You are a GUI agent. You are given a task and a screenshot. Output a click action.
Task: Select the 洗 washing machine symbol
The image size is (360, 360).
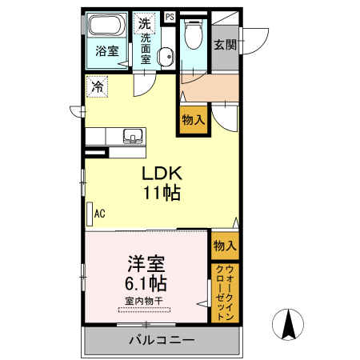pyautogui.click(x=144, y=22)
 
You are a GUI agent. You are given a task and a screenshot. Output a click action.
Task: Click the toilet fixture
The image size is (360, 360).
pyautogui.click(x=193, y=34)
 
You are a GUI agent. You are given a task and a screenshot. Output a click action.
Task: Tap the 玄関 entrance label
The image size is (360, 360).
pyautogui.click(x=224, y=45)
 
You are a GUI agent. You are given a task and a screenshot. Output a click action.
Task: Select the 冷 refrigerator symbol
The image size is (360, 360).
pyautogui.click(x=97, y=86)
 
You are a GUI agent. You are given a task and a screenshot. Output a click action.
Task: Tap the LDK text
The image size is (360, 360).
pyautogui.click(x=163, y=174)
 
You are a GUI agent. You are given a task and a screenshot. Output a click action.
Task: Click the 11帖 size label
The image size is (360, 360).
pyautogui.click(x=162, y=193)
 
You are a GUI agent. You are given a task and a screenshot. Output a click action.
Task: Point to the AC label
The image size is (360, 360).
pyautogui.click(x=100, y=214)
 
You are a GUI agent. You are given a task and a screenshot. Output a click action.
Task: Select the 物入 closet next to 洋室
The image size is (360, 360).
pyautogui.click(x=224, y=246)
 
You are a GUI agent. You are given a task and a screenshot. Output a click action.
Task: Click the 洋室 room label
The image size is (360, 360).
pyautogui.click(x=145, y=263)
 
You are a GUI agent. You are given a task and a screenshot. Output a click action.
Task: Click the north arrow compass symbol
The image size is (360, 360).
pyautogui.click(x=289, y=324)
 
